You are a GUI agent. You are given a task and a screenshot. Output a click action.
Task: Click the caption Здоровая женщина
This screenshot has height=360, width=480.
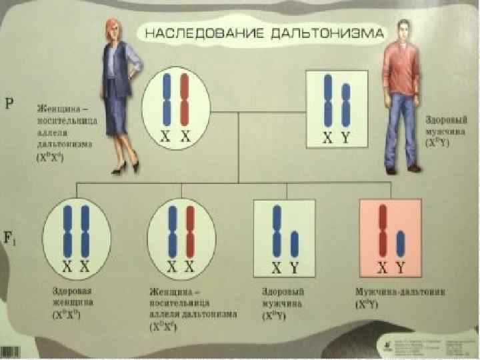click(x=72, y=297)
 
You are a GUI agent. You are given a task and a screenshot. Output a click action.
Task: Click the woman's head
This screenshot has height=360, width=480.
click(x=111, y=28)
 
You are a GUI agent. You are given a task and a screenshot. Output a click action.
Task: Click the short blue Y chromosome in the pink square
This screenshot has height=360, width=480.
click(x=401, y=244)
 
